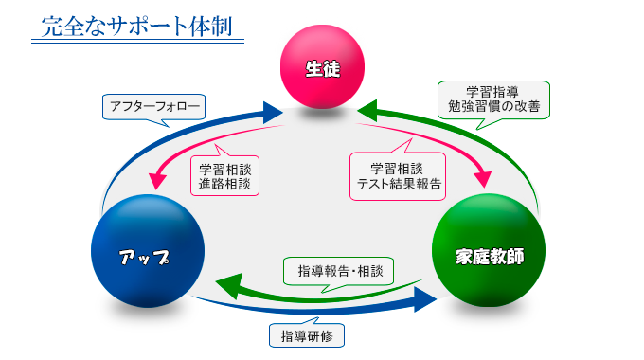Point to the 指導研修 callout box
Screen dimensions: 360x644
tap(306, 335)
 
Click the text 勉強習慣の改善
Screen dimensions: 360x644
tap(493, 106)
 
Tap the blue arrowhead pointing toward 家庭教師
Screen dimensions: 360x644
tap(425, 302)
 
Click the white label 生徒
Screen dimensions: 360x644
tap(322, 68)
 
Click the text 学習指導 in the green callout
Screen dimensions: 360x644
tap(493, 91)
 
